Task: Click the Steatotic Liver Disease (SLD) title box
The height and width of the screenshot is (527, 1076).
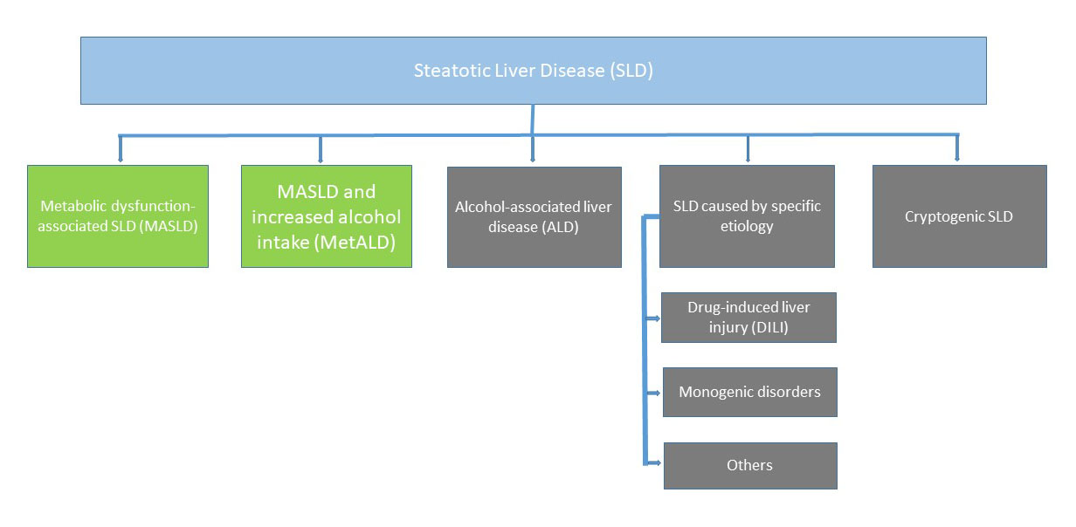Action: [x=533, y=71]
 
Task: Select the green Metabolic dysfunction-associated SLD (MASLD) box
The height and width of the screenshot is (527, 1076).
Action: [x=118, y=216]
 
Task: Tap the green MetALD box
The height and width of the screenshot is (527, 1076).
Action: [x=326, y=216]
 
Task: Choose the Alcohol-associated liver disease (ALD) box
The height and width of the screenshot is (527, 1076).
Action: [x=534, y=216]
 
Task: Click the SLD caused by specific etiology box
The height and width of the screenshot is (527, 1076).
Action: [x=747, y=216]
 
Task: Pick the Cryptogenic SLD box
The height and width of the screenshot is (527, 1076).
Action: [x=959, y=216]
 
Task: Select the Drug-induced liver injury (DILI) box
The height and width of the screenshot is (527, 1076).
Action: [x=748, y=317]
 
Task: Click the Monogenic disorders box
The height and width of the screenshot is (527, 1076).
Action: [x=750, y=392]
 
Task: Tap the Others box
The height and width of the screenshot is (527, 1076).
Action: [x=750, y=465]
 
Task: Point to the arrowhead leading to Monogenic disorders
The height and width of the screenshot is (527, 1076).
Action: [x=656, y=393]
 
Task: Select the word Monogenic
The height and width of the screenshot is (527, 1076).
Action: [x=712, y=392]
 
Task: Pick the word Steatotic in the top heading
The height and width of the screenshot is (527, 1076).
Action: [x=445, y=71]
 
